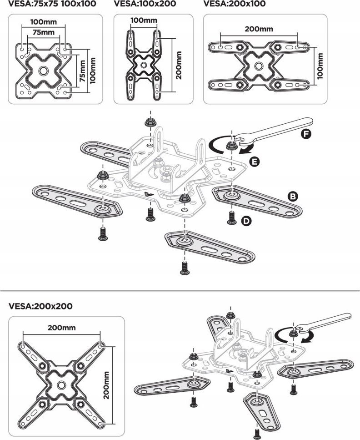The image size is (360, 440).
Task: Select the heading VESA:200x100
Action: point(235,4)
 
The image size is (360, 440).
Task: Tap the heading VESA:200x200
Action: point(40,306)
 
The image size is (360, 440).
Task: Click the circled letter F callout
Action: point(305,134)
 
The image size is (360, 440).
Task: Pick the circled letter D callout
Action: point(246,221)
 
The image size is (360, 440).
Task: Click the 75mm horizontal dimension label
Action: point(43,32)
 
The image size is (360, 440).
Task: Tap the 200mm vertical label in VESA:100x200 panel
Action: point(179,65)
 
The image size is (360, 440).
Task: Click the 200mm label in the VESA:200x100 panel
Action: point(259,29)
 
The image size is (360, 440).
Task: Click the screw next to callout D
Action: point(231,217)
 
